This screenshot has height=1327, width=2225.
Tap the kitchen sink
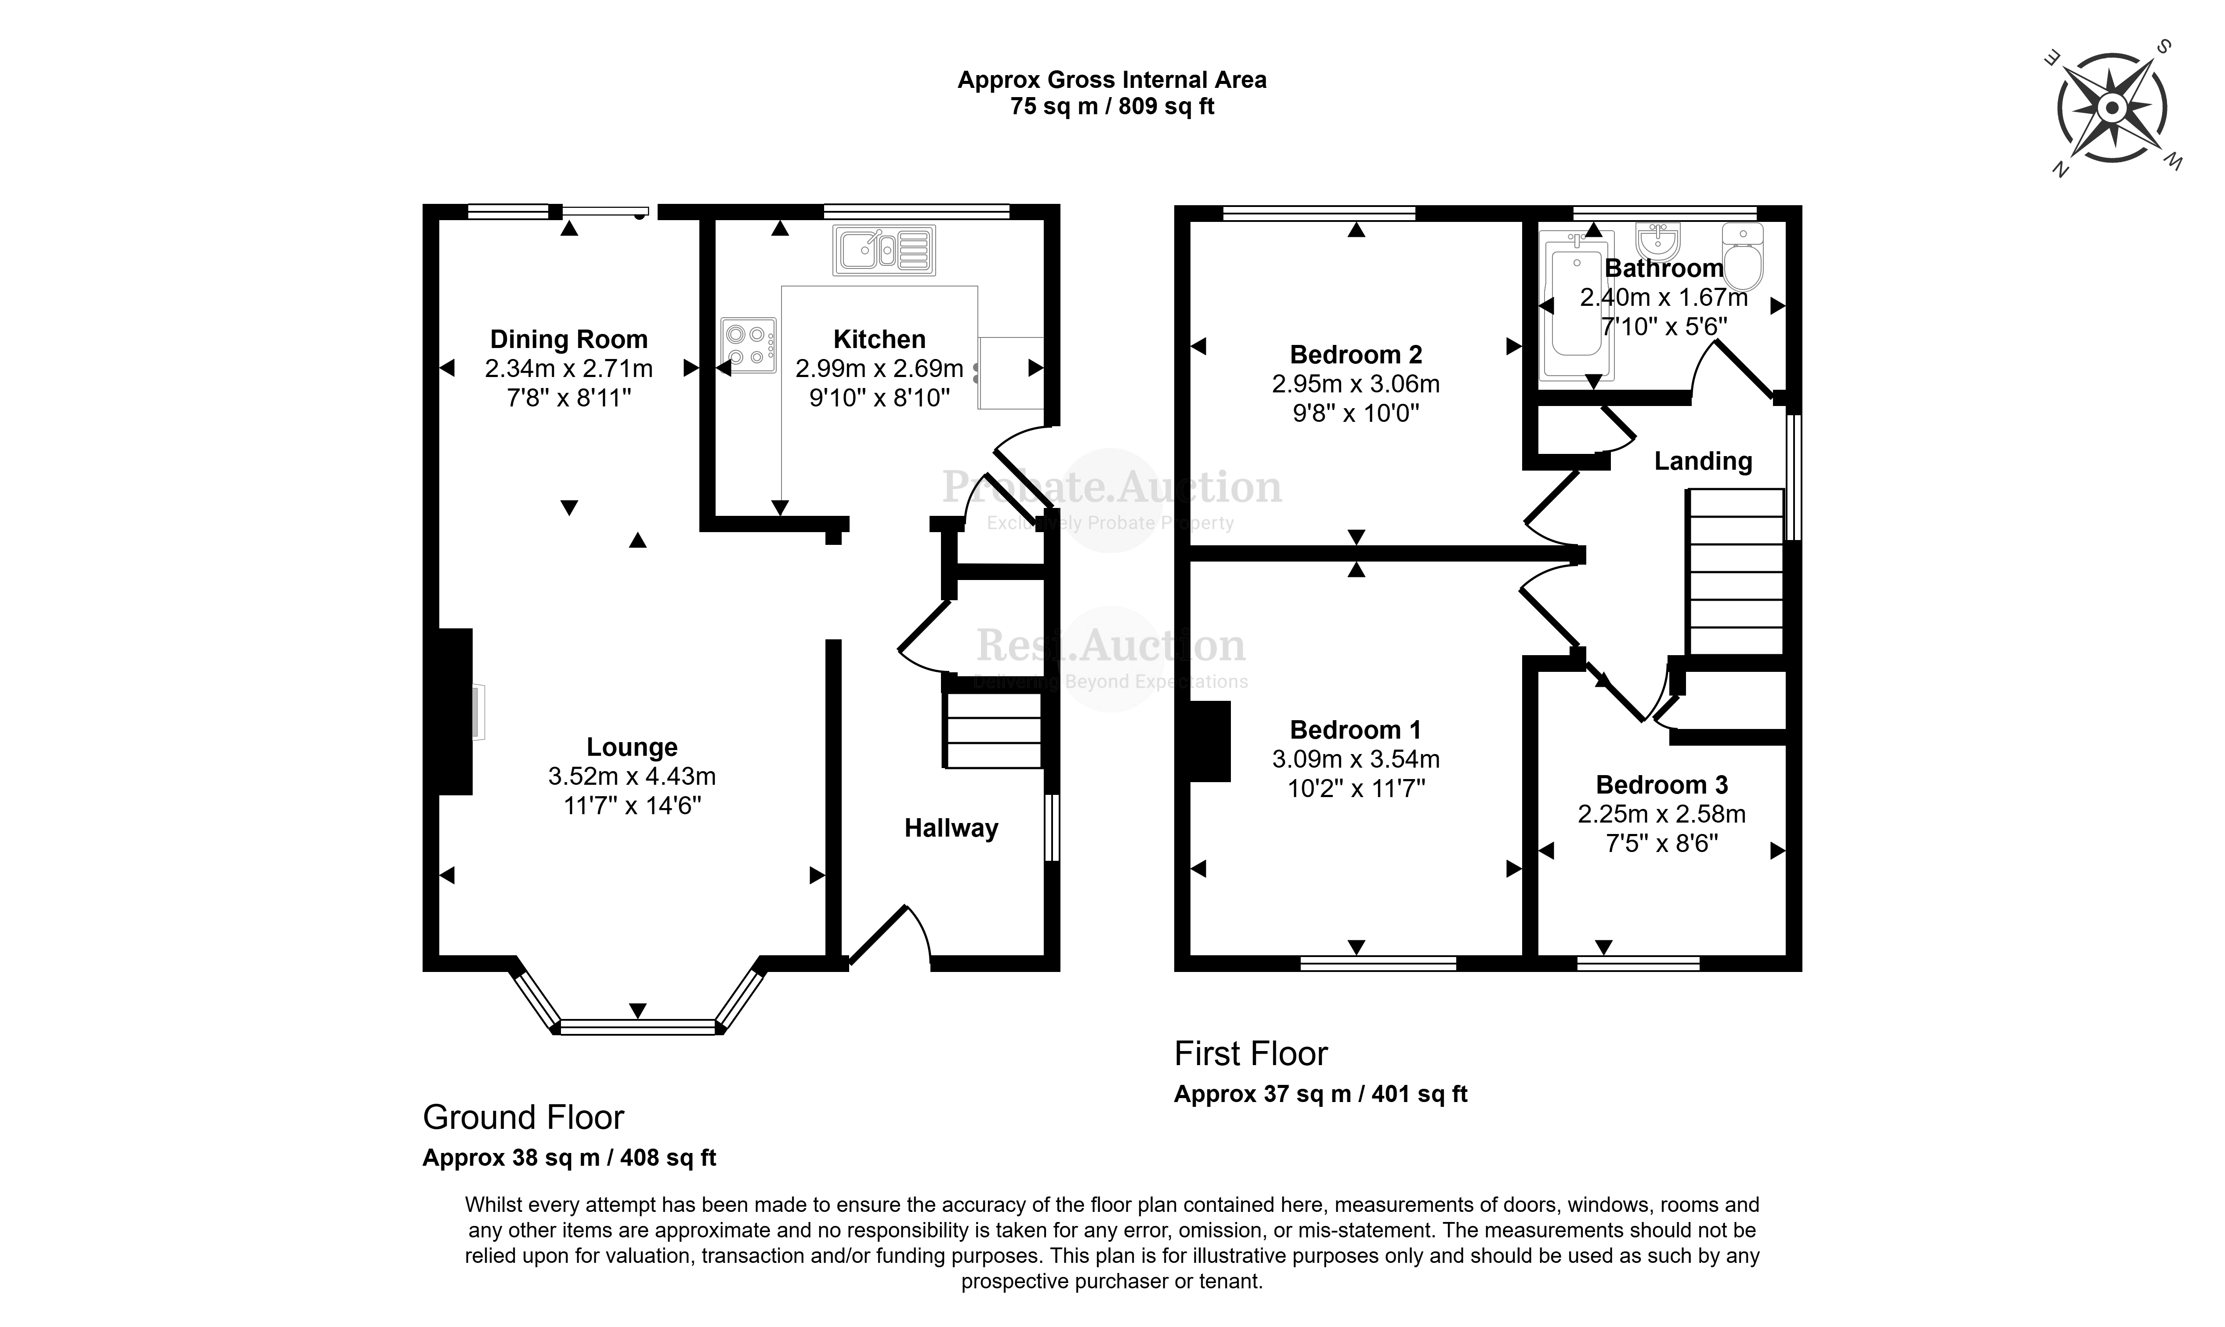click(x=884, y=250)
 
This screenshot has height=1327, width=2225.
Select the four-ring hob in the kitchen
click(x=748, y=345)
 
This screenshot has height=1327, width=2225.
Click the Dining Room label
click(x=568, y=340)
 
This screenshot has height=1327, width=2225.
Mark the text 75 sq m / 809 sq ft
click(x=1112, y=106)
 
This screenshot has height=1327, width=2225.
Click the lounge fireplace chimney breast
click(x=455, y=712)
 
